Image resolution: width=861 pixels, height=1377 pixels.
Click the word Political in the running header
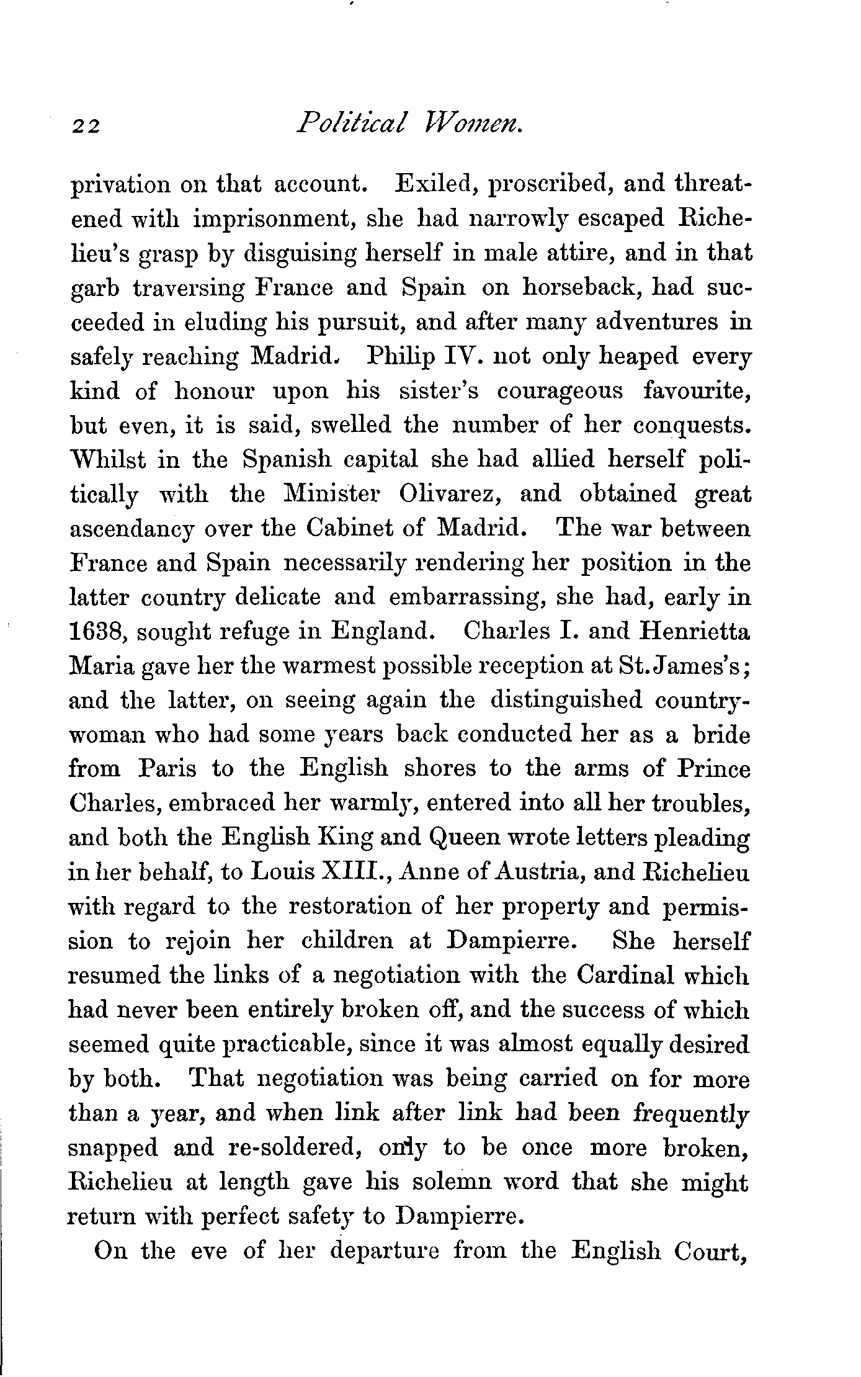click(x=352, y=118)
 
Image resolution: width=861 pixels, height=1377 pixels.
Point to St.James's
click(x=683, y=666)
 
